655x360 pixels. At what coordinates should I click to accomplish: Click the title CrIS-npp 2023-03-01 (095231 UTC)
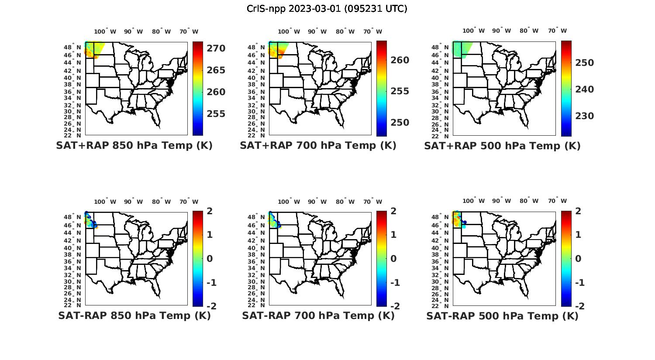point(327,9)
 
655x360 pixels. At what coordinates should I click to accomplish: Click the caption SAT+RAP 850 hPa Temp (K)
point(134,146)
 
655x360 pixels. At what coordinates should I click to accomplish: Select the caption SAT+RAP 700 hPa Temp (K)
point(318,146)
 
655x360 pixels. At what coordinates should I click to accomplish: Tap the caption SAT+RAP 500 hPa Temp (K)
point(502,146)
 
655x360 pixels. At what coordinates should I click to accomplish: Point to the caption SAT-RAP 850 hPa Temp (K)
point(134,316)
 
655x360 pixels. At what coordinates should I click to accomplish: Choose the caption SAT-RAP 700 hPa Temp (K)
point(318,316)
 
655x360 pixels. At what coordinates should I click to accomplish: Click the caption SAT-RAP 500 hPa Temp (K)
point(502,316)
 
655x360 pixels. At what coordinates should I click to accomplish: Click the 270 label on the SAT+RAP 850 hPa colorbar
point(216,48)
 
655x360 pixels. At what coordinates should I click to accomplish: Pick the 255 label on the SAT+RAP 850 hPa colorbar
point(216,114)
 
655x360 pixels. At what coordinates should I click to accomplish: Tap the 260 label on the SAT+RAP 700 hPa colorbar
point(400,60)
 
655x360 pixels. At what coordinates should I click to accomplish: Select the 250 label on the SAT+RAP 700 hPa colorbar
point(400,123)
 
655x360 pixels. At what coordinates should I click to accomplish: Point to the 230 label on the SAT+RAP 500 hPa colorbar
point(584,116)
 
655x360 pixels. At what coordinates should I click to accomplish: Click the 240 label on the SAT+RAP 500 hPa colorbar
point(584,89)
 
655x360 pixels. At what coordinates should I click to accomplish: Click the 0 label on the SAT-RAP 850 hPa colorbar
point(210,259)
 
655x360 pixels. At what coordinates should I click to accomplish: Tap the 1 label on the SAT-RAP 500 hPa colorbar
point(578,235)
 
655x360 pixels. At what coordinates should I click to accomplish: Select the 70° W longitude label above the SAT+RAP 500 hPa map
point(557,31)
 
